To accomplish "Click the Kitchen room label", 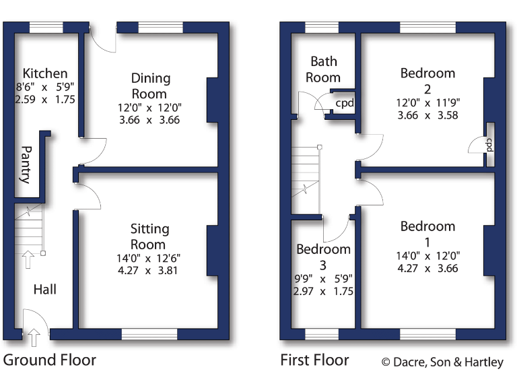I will [x=45, y=73].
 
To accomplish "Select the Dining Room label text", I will [x=150, y=86].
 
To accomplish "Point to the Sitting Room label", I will [x=149, y=237].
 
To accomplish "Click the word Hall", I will [x=45, y=290].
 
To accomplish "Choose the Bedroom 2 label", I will [x=427, y=80].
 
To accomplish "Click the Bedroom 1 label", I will [x=427, y=234].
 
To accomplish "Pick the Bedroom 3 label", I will [x=323, y=257].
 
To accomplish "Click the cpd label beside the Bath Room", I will [x=345, y=104].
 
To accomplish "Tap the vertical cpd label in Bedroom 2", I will [x=489, y=145].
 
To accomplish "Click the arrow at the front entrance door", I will [x=34, y=334].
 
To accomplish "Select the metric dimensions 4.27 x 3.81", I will [x=149, y=271].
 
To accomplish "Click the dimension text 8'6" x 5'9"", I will [x=45, y=86].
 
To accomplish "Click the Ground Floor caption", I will [x=50, y=360].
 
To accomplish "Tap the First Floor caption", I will [x=314, y=360].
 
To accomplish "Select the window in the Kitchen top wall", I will [x=46, y=27].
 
